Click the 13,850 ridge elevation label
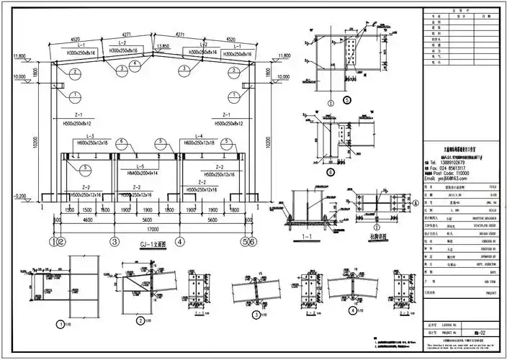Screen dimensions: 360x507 (x=167, y=45)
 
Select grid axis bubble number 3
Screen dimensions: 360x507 (x=114, y=242)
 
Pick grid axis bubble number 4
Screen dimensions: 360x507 (x=180, y=242)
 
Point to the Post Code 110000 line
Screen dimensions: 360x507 (x=450, y=173)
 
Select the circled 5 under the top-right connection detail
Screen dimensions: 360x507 (x=347, y=100)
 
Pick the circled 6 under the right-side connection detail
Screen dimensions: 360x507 (x=331, y=173)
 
